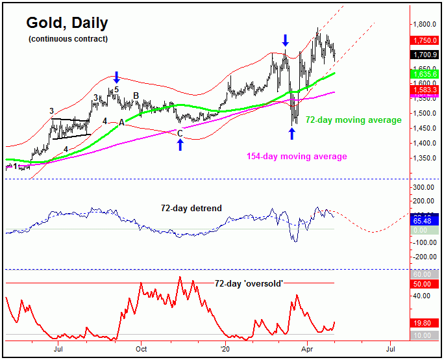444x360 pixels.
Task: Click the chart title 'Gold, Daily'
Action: click(x=67, y=23)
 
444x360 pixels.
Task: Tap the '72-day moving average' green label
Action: click(x=354, y=120)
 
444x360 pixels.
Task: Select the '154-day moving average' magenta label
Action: click(x=297, y=157)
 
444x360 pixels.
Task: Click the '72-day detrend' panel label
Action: click(x=191, y=208)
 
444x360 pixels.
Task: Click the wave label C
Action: click(x=180, y=133)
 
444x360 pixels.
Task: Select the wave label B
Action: click(x=136, y=96)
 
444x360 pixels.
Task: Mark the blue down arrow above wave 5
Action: click(x=116, y=77)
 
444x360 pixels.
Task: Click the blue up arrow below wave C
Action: click(x=180, y=144)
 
